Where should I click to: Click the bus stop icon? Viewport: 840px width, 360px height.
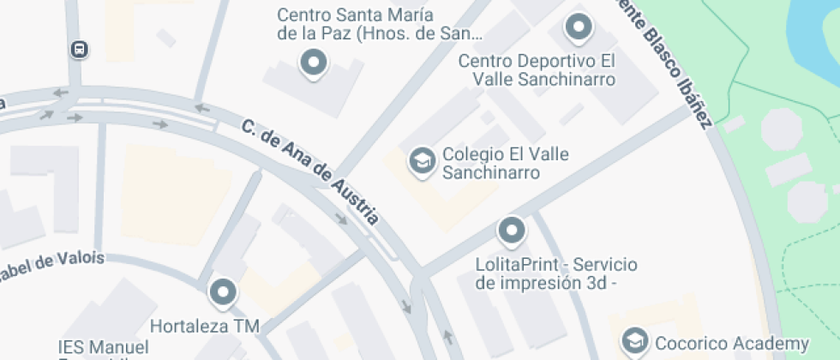79,50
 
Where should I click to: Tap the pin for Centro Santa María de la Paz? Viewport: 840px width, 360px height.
314,63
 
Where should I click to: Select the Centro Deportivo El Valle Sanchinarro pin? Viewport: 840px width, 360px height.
579,27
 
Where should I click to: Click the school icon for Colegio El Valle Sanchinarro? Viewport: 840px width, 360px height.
421,160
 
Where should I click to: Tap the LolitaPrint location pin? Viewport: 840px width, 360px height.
512,230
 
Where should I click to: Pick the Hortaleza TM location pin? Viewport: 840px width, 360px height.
224,292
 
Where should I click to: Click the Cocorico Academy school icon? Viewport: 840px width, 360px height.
635,342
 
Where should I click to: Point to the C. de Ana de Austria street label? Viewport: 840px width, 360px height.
310,171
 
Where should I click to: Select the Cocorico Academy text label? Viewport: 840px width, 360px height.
732,343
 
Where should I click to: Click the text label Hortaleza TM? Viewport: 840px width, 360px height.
204,326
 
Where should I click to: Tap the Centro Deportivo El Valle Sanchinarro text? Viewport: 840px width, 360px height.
537,70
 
